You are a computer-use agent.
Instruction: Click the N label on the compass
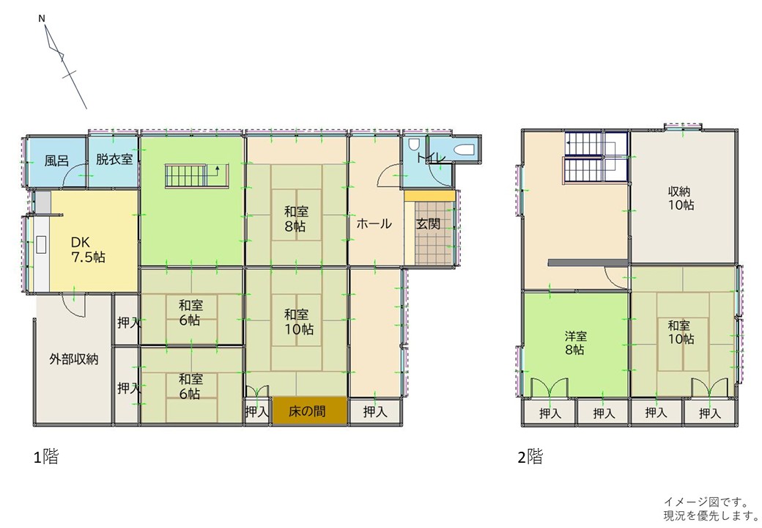(42, 18)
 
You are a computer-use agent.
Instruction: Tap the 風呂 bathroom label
(56, 161)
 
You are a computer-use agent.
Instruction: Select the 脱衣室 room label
(114, 159)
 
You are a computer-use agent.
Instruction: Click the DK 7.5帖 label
(88, 249)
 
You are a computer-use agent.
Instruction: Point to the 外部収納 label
(74, 359)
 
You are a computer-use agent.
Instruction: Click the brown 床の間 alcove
(309, 411)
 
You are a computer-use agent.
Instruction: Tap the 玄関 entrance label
(428, 224)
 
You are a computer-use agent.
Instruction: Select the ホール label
(374, 224)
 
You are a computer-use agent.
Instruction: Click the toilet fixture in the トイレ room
(414, 145)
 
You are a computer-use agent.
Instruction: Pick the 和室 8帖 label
(295, 219)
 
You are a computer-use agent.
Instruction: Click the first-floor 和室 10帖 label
(299, 322)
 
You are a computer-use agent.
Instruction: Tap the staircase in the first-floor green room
(197, 175)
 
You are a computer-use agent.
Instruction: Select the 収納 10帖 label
(681, 198)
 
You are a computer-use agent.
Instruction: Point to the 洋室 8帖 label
(575, 342)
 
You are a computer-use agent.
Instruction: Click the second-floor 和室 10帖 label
(681, 332)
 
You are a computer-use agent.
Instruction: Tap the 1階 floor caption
(45, 457)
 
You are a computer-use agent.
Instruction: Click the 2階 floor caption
(530, 457)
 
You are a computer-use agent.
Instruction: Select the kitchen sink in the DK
(41, 244)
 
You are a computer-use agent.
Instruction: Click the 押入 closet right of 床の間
(376, 412)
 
